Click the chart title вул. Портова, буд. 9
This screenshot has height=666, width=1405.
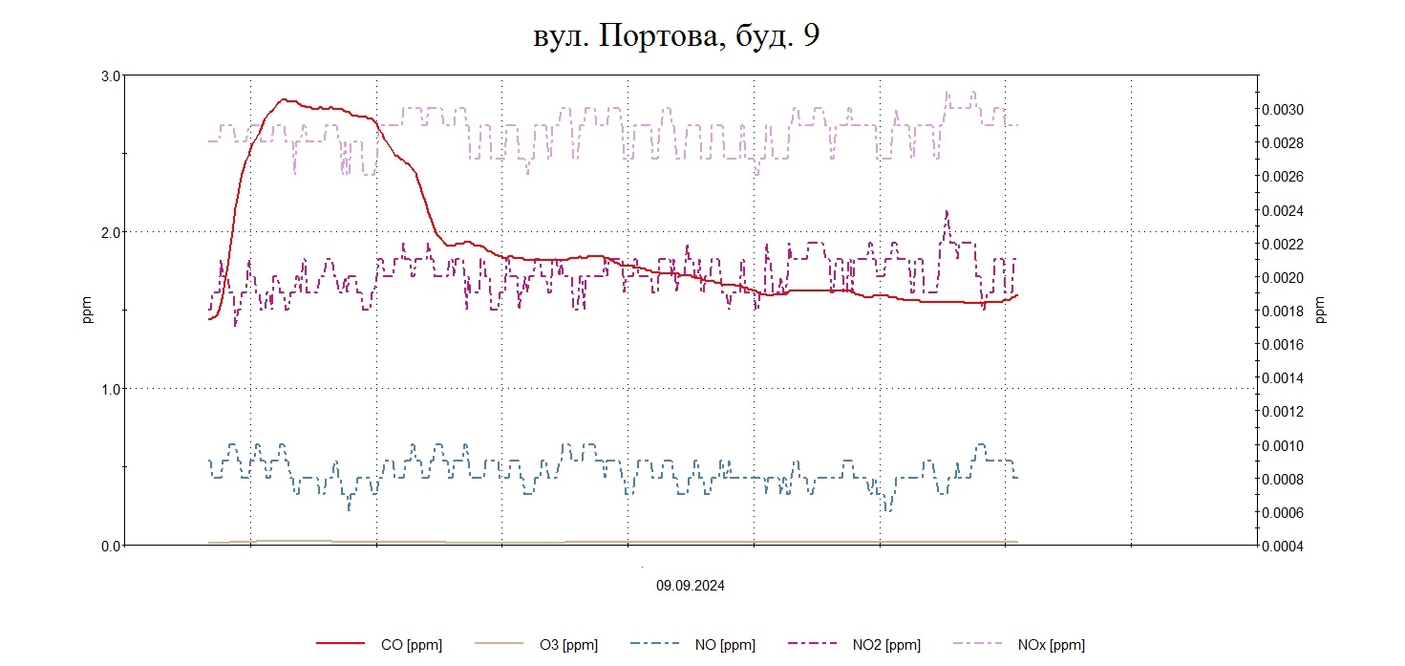[x=676, y=37]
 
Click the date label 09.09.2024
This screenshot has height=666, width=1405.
[x=690, y=586]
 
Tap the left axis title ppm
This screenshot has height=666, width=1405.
[x=87, y=311]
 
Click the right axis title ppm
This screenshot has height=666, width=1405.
[x=1321, y=311]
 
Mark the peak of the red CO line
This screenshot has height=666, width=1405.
[x=284, y=99]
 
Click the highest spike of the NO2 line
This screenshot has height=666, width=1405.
[x=947, y=211]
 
